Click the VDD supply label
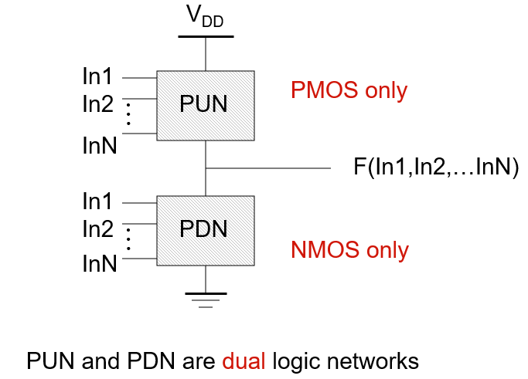tap(206, 18)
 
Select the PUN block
tap(205, 105)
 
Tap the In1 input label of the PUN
tap(98, 77)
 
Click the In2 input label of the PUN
tap(98, 103)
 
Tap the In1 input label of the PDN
tap(98, 202)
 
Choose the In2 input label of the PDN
tap(98, 229)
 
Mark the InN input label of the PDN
tap(100, 265)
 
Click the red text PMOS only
tap(349, 91)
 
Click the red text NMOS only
tap(349, 250)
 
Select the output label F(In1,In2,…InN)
tap(435, 168)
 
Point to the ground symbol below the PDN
tap(205, 299)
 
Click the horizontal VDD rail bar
tap(205, 36)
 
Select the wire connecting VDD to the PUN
tap(205, 54)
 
